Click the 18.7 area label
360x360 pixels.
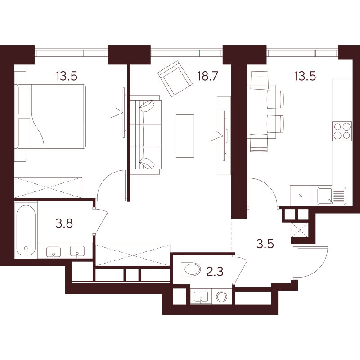pyautogui.click(x=207, y=76)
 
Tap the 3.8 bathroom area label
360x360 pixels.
pyautogui.click(x=64, y=223)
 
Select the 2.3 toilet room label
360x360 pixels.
pyautogui.click(x=215, y=271)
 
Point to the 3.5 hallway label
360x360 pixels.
pyautogui.click(x=265, y=244)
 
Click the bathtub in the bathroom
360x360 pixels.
pyautogui.click(x=26, y=230)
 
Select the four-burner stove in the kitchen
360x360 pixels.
pyautogui.click(x=342, y=131)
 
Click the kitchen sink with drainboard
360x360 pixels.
pyautogui.click(x=332, y=196)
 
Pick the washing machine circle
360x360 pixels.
pyautogui.click(x=222, y=297)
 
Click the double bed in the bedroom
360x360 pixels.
pyautogui.click(x=51, y=116)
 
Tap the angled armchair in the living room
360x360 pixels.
pyautogui.click(x=175, y=78)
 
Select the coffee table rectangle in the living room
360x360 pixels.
pyautogui.click(x=185, y=136)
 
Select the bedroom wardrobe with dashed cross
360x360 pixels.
pyautogui.click(x=48, y=187)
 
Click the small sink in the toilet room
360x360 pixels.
pyautogui.click(x=201, y=297)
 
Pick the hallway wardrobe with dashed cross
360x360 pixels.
pyautogui.click(x=133, y=255)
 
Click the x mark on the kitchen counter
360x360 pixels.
pyautogui.click(x=301, y=196)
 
